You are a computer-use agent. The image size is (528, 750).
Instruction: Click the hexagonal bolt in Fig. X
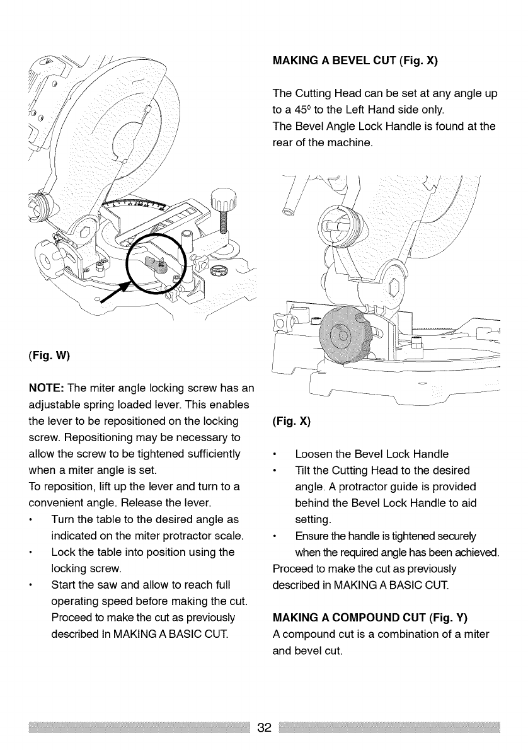coord(396,290)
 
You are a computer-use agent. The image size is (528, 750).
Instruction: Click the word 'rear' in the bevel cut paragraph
coord(282,140)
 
